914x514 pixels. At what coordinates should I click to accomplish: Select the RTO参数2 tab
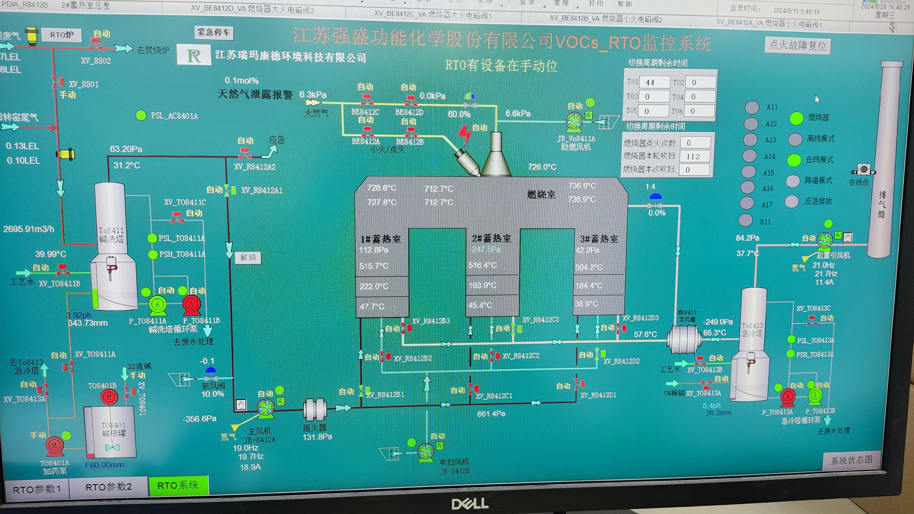[x=109, y=487]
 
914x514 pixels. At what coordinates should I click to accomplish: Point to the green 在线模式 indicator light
[x=794, y=160]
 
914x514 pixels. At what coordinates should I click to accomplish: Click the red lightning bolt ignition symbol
[x=464, y=135]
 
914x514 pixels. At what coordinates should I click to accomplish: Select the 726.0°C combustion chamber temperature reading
[x=542, y=167]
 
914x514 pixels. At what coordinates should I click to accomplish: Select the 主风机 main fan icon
[x=265, y=409]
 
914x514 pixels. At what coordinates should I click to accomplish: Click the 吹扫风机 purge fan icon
[x=425, y=453]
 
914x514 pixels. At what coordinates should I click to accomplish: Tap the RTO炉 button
[x=62, y=35]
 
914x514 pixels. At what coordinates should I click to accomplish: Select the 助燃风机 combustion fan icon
[x=574, y=122]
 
